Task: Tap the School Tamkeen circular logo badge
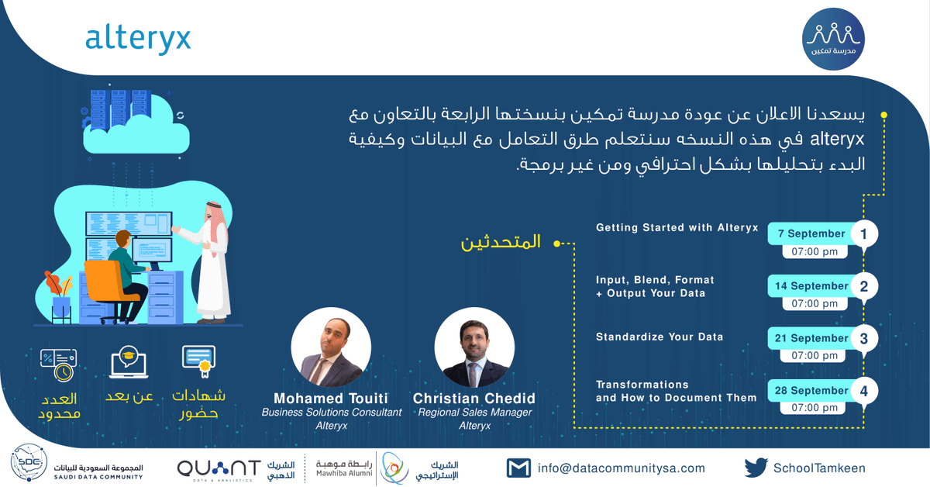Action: tap(834, 38)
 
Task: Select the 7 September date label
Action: tap(811, 233)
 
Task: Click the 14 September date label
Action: tap(811, 286)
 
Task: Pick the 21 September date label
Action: tap(811, 338)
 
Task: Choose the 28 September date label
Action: tap(811, 391)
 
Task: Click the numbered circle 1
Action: tap(863, 233)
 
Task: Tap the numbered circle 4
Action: tap(863, 391)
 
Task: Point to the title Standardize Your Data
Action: tap(660, 337)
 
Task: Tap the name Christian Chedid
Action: tap(474, 399)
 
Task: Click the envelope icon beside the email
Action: tap(518, 468)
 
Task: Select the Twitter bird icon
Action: tap(756, 468)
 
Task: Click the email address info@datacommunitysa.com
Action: tap(621, 468)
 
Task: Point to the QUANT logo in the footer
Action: tap(219, 468)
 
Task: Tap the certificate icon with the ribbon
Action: tap(198, 361)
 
